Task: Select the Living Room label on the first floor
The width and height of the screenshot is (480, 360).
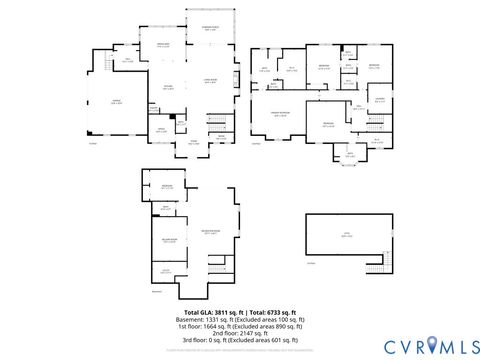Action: click(211, 81)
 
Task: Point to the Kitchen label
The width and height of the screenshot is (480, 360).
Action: click(168, 87)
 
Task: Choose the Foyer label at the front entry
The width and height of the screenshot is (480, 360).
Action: click(195, 141)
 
